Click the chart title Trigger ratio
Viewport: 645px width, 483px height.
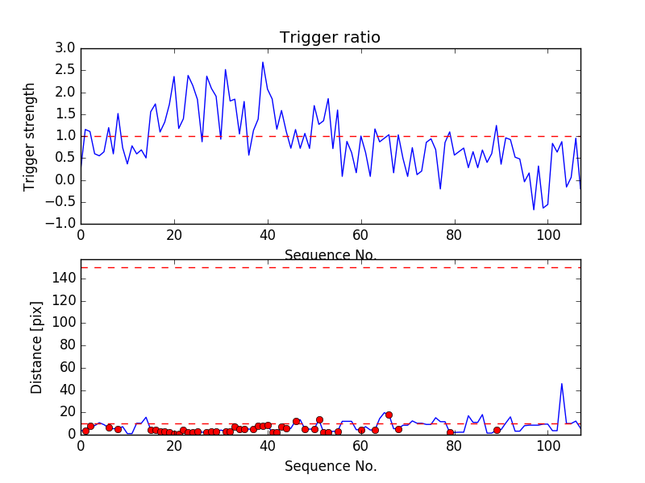[x=330, y=38]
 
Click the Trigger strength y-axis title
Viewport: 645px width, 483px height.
[x=30, y=136]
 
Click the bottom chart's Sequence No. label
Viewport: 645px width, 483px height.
[x=331, y=466]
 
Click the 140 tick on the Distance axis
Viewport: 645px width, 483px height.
[x=64, y=279]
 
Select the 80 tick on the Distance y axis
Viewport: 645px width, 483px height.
[x=67, y=345]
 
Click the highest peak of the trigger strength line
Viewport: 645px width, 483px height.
[x=263, y=62]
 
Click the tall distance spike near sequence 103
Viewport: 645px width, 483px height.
[x=562, y=383]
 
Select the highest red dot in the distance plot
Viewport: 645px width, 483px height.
[x=389, y=415]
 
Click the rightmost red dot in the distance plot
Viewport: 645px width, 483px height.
[x=497, y=430]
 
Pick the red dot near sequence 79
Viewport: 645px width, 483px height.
[x=450, y=432]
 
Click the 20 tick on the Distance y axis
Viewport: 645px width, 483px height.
[x=67, y=412]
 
